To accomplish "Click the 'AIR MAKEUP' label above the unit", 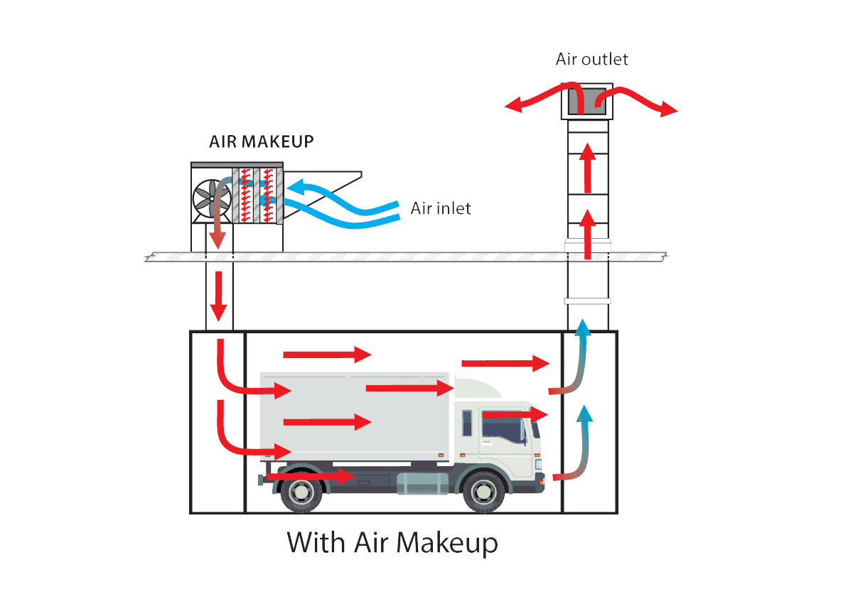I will [261, 141].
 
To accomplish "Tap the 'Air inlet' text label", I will [441, 209].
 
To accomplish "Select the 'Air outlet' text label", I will [592, 59].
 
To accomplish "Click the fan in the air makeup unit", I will [211, 197].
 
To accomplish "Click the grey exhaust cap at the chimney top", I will [586, 102].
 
